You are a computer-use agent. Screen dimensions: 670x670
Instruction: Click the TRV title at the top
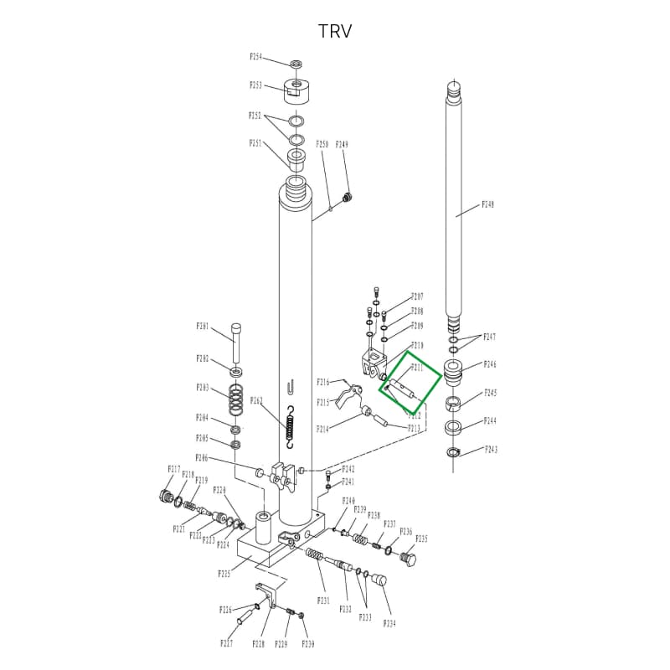tap(335, 32)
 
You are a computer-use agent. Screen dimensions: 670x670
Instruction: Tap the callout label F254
tap(256, 57)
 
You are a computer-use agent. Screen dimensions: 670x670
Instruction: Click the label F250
tap(323, 145)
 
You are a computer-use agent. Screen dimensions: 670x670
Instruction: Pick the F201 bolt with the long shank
tap(237, 339)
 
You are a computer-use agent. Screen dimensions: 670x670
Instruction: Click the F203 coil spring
tap(237, 400)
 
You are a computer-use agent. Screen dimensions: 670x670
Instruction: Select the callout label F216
tap(323, 382)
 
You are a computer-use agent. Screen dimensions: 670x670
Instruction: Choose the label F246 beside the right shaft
tap(491, 365)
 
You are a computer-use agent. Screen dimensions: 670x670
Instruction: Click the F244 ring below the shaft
tap(456, 427)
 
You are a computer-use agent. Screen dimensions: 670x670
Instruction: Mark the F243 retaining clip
tap(454, 453)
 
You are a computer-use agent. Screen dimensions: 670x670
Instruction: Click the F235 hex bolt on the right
tap(409, 558)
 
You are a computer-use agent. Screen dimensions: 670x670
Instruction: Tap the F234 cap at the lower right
tap(378, 580)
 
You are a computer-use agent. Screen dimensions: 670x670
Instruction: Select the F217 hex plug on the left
tap(163, 496)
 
